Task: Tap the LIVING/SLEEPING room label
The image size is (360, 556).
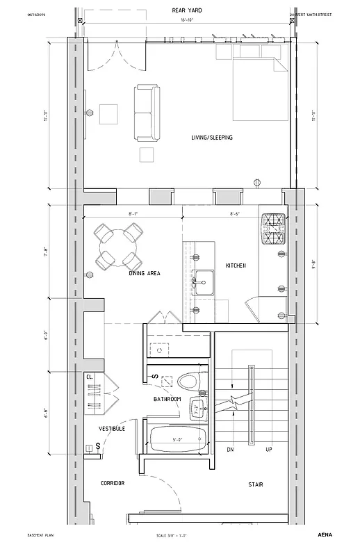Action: coord(212,138)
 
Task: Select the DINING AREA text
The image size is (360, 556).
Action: coord(145,273)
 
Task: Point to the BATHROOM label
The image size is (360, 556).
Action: coord(167,399)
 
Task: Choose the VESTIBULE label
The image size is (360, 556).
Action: coord(111,429)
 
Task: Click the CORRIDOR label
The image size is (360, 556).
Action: coord(113,483)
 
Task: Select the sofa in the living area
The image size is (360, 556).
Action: coord(146,111)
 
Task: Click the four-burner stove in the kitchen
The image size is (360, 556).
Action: coord(273,230)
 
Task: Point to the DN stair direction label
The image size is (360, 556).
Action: coord(230,450)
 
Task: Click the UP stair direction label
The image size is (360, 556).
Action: coord(268,450)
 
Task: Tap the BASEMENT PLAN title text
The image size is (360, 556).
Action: coord(40,536)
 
